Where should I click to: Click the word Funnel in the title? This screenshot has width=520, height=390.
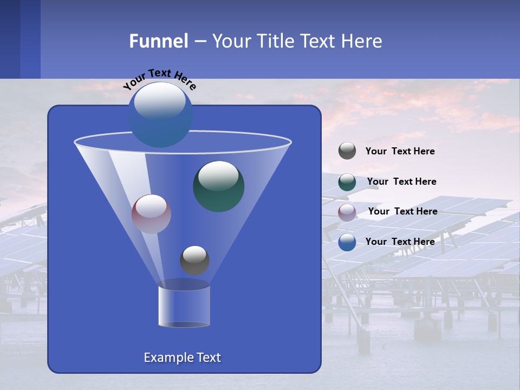tap(158, 41)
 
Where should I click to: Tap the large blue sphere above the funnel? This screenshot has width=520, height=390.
tap(160, 114)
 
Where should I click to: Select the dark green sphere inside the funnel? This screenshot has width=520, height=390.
tap(218, 186)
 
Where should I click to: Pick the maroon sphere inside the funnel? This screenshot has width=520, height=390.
tap(151, 214)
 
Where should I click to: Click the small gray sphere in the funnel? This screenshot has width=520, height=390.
tap(194, 260)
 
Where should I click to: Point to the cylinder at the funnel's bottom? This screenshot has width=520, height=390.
tap(184, 306)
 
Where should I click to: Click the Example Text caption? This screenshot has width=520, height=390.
tap(182, 357)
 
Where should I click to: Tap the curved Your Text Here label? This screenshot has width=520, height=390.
tap(159, 79)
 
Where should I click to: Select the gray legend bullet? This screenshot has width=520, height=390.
tap(347, 151)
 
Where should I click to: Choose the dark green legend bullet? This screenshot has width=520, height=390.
tap(347, 182)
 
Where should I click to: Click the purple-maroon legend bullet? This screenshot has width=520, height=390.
tap(347, 212)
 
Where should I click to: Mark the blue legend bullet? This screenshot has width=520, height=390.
tap(347, 242)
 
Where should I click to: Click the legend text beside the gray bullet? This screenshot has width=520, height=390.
tap(400, 151)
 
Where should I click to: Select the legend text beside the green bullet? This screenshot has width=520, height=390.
tap(401, 181)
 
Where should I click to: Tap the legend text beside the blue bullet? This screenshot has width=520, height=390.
tap(400, 242)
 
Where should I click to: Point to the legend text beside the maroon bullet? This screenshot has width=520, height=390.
tap(402, 211)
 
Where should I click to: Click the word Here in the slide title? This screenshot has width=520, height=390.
tap(362, 41)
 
